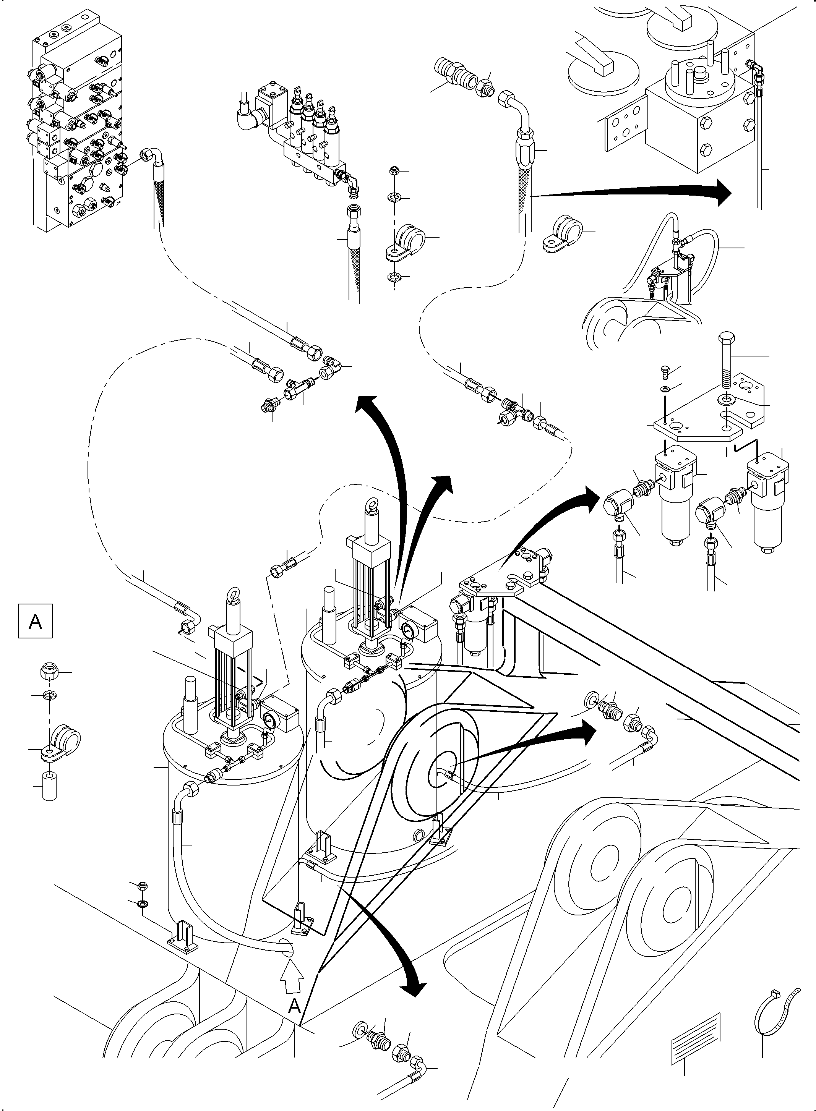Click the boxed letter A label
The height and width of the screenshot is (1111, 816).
coord(35,621)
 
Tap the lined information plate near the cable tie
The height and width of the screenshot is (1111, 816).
coord(696,1038)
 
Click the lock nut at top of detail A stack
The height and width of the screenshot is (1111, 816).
coord(49,672)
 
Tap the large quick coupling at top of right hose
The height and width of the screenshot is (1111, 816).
coord(452,71)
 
